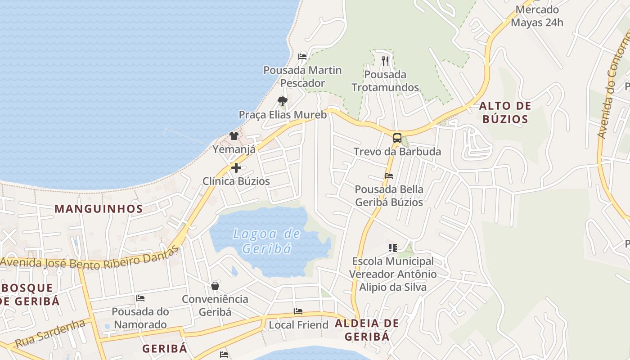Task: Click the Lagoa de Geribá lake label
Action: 266,241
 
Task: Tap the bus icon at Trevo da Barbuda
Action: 397,138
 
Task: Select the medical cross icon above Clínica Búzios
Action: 236,168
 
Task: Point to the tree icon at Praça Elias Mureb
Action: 283,101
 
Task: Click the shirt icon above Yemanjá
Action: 234,135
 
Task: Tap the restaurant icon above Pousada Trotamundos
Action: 385,61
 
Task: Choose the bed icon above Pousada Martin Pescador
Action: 302,57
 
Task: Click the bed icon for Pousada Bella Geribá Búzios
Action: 389,175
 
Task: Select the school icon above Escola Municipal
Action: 392,247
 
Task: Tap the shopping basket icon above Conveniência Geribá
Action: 215,286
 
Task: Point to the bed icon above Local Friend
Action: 298,311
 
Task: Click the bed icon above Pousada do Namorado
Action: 140,298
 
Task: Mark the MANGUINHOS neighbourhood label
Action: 99,209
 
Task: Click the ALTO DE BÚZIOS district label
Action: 505,112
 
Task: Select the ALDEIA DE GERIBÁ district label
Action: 367,330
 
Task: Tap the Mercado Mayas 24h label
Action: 537,16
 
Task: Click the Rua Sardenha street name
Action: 50,333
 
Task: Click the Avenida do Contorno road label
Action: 613,85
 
